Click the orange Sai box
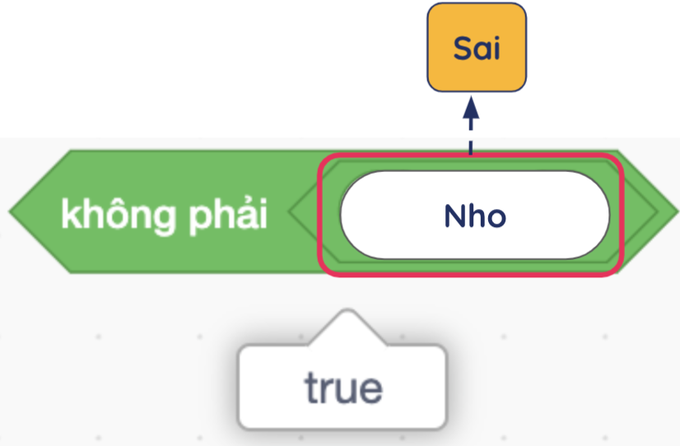point(477,47)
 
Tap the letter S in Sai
point(463,48)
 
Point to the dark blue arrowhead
point(471,108)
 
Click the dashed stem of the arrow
point(471,136)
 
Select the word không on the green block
point(119,216)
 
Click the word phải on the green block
point(228,216)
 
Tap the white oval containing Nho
point(475,215)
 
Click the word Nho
point(475,216)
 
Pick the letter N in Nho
point(454,216)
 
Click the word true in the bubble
point(343,387)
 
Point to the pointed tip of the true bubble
point(347,311)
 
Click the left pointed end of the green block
point(11,211)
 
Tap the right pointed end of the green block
point(677,211)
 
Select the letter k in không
point(70,213)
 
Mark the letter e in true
point(370,391)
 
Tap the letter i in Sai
point(496,48)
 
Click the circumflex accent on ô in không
point(119,200)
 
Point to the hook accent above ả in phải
point(238,201)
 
